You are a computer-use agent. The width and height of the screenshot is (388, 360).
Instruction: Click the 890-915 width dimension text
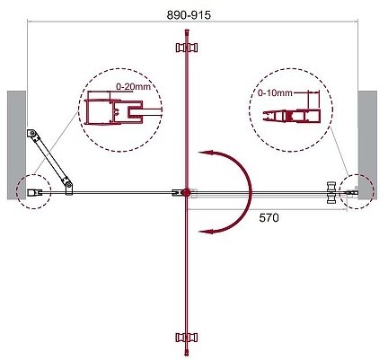click(x=189, y=15)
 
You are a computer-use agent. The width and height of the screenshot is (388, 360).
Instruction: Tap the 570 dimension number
click(x=269, y=218)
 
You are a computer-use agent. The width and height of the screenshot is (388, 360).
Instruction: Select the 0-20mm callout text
click(x=133, y=87)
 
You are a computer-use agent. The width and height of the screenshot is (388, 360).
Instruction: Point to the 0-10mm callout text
click(x=275, y=93)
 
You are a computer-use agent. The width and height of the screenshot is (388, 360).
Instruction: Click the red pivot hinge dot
click(x=186, y=192)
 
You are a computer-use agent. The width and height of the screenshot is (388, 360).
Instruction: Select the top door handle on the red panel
click(x=187, y=48)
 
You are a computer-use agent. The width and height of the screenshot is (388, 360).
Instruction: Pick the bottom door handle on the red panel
click(x=187, y=338)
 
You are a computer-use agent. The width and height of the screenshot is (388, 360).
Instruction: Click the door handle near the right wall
click(x=332, y=193)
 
